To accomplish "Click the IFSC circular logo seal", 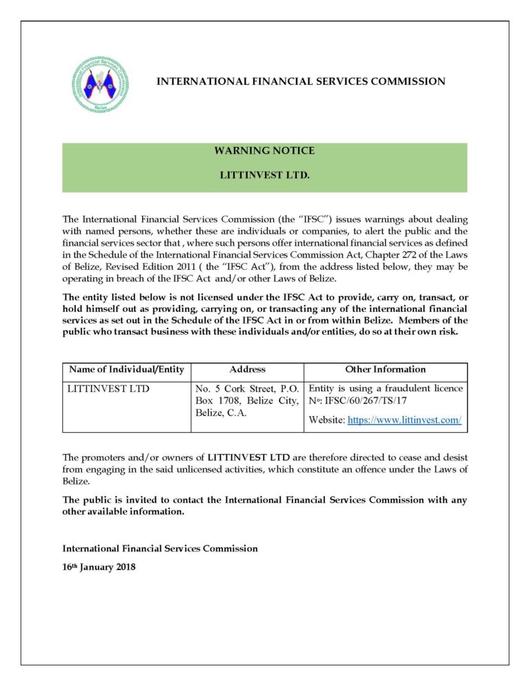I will click(100, 85).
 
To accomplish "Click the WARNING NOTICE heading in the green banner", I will click(264, 150).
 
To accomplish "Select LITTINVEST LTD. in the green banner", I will click(264, 175).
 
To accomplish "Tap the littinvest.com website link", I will click(404, 420).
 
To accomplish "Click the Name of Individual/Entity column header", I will click(126, 370).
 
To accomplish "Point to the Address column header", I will click(247, 370).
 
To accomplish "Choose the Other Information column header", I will click(385, 370).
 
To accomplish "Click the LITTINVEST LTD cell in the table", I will click(108, 389).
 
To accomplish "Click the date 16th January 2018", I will click(99, 567).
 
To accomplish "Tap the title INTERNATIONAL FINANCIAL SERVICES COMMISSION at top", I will click(301, 81).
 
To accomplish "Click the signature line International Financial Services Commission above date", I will click(160, 549).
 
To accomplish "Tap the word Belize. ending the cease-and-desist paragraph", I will click(76, 482).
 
